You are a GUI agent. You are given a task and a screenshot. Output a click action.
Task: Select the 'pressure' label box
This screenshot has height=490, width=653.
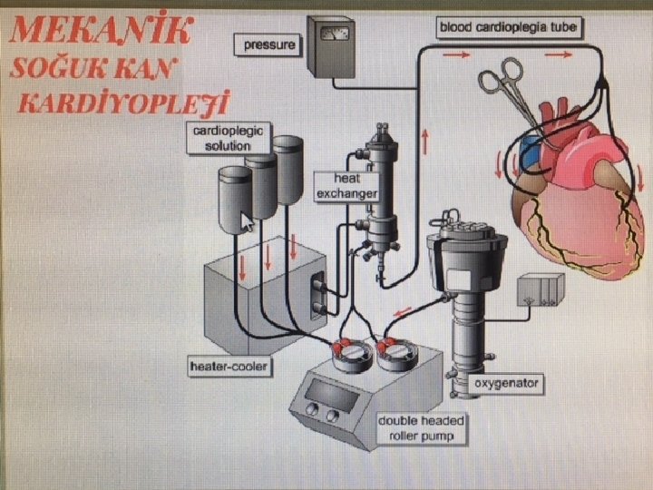click(269, 43)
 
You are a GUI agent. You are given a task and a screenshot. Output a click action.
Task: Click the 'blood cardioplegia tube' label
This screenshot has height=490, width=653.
click(509, 27)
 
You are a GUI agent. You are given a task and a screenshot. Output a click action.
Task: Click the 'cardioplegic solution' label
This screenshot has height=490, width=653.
click(228, 139)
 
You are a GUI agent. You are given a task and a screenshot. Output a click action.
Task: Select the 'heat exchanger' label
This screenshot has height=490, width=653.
click(346, 187)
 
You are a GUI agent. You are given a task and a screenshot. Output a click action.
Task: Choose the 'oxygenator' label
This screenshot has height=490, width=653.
click(507, 384)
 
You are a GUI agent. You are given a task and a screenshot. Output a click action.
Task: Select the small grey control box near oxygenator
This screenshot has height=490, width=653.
click(539, 290)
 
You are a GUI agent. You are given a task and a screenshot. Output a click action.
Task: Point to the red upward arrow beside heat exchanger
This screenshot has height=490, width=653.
click(423, 142)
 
